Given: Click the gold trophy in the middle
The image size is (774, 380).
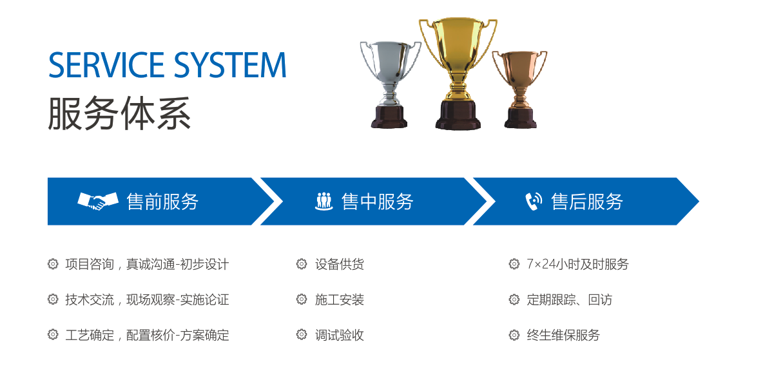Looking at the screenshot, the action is (458, 73).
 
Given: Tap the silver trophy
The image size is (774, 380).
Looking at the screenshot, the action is (390, 84).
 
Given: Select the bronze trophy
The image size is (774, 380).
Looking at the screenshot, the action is (520, 90).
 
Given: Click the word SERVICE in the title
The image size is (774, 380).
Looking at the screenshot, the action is (106, 65).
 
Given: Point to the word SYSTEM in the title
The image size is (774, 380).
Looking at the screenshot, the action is (230, 65).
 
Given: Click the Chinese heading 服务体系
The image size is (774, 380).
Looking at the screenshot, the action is (119, 113).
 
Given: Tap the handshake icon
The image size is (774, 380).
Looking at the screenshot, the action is (98, 201).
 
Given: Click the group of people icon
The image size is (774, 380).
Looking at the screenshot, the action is (324, 202).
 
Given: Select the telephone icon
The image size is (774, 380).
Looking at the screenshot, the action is (534, 202).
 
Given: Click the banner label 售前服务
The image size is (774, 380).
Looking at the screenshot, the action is (162, 202).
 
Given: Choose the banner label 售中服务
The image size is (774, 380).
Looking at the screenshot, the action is (377, 202).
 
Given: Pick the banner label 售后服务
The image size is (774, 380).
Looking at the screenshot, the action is (587, 202).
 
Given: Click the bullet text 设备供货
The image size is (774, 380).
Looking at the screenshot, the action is (340, 264).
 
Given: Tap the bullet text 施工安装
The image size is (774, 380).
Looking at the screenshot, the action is (340, 299).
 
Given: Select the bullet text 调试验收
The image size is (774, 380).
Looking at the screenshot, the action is (340, 335).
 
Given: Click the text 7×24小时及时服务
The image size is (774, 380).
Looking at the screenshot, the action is (577, 264).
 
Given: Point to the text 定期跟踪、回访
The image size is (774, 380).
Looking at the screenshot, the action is (570, 299).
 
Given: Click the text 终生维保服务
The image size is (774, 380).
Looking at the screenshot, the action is (563, 335).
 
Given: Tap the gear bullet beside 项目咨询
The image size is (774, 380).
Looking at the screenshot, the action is (53, 264).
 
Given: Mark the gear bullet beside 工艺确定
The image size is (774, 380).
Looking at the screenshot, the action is (53, 334).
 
